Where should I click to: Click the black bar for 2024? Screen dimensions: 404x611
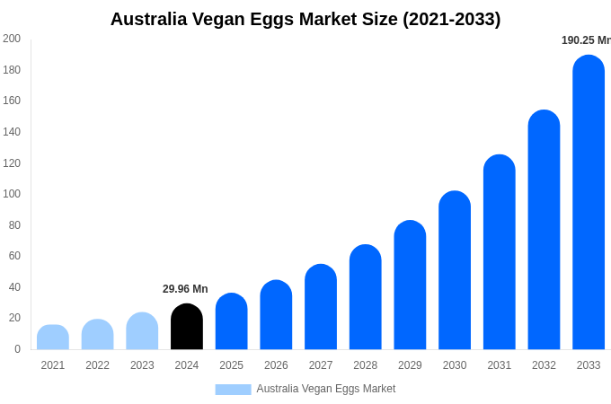coord(187,327)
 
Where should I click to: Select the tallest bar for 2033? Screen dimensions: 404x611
coord(589,202)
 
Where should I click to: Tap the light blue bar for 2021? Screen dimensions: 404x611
coord(53,338)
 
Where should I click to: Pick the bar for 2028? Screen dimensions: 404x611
coord(366,297)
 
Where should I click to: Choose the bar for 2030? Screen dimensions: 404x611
coord(455,270)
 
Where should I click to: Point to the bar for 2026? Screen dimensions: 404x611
coord(276,315)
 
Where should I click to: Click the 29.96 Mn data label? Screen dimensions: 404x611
coord(185,289)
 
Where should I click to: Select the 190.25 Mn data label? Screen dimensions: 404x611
coord(586,40)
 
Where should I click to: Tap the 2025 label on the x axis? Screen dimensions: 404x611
coord(232,365)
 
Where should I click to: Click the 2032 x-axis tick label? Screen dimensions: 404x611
coord(544,365)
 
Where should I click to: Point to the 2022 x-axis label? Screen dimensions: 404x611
coord(98,365)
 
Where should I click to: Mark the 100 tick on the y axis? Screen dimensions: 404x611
coord(12,194)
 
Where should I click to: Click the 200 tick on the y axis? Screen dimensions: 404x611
coord(12,39)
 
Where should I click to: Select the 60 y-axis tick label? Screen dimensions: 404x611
coord(14,256)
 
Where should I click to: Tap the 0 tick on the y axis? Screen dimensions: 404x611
coord(17,349)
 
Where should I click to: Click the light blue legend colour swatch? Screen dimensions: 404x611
coord(233,390)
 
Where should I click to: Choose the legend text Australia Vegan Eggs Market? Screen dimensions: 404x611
coord(326,389)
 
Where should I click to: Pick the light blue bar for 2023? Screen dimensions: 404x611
coord(142,331)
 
